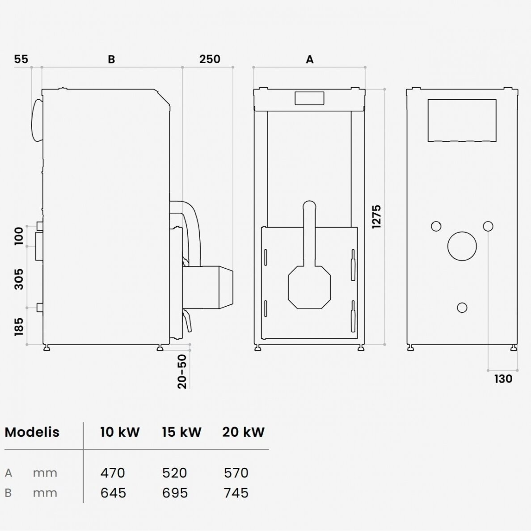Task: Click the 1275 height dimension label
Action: tap(376, 216)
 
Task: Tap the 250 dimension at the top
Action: tap(210, 59)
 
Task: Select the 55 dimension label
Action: tap(21, 59)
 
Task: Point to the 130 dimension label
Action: tap(503, 379)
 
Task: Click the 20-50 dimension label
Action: tap(182, 371)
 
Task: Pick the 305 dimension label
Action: tap(19, 279)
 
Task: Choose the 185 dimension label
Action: tap(19, 327)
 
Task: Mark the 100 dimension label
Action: tap(19, 236)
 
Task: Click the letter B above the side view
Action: tap(111, 59)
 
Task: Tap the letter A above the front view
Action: tap(310, 59)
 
